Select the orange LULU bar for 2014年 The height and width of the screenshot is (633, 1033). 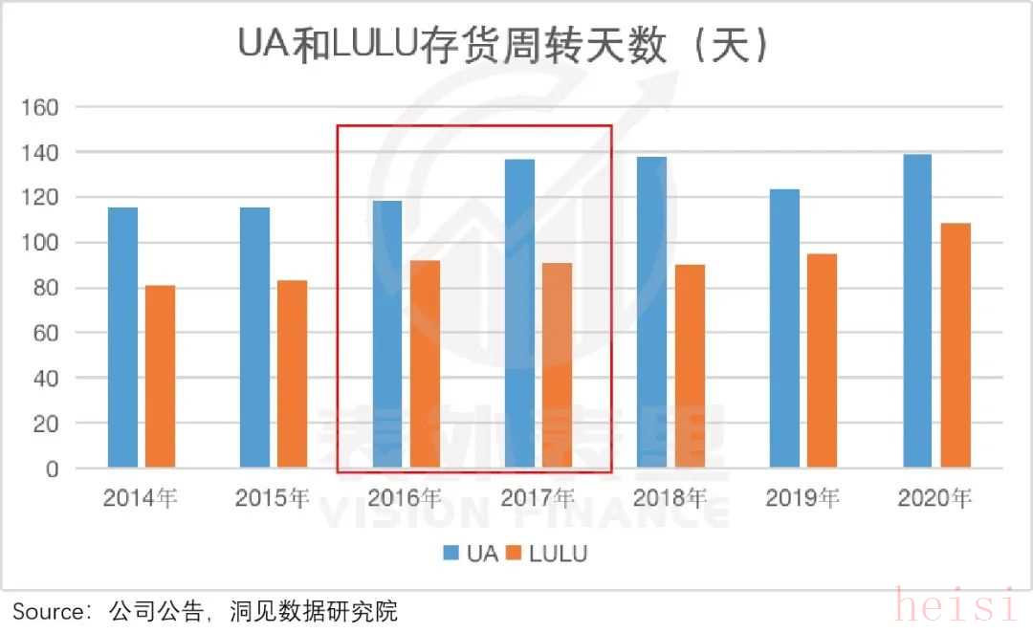coord(160,377)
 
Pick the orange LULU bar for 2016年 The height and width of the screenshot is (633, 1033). coord(425,364)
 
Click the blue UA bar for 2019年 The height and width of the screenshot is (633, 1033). coord(784,329)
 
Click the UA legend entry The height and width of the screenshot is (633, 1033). coord(471,554)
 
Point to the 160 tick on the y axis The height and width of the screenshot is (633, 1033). coord(40,107)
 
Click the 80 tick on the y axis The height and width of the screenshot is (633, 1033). coord(46,288)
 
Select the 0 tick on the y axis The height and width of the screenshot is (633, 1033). coord(52,469)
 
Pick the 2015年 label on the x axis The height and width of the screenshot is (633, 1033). coord(273,498)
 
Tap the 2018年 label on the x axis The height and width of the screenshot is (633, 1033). coord(670,498)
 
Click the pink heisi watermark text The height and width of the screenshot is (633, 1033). coord(956,606)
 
